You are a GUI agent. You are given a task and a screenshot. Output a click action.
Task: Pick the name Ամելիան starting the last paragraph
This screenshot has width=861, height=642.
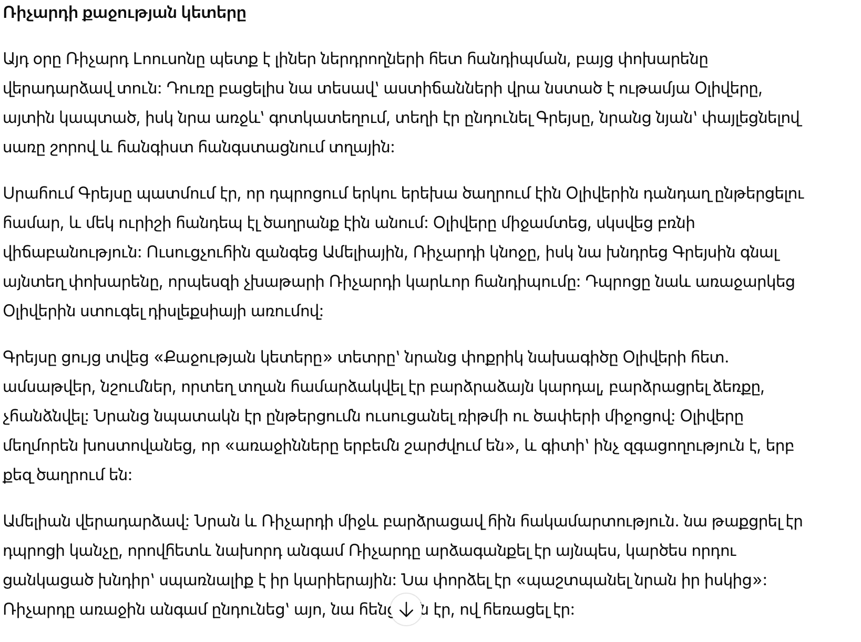tap(37, 522)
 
